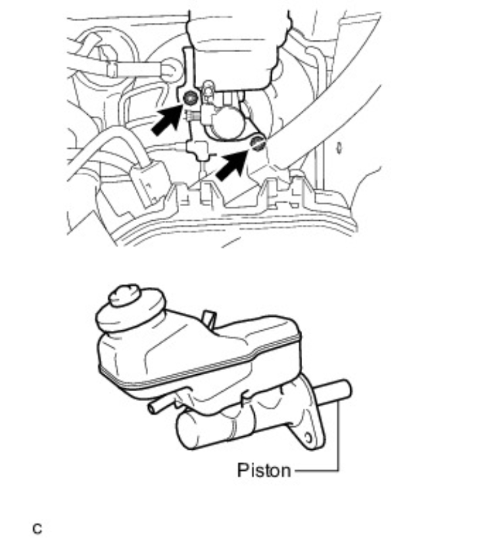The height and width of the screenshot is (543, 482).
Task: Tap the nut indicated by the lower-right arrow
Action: [256, 142]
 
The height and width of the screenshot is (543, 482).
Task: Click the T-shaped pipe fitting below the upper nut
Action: [198, 149]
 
